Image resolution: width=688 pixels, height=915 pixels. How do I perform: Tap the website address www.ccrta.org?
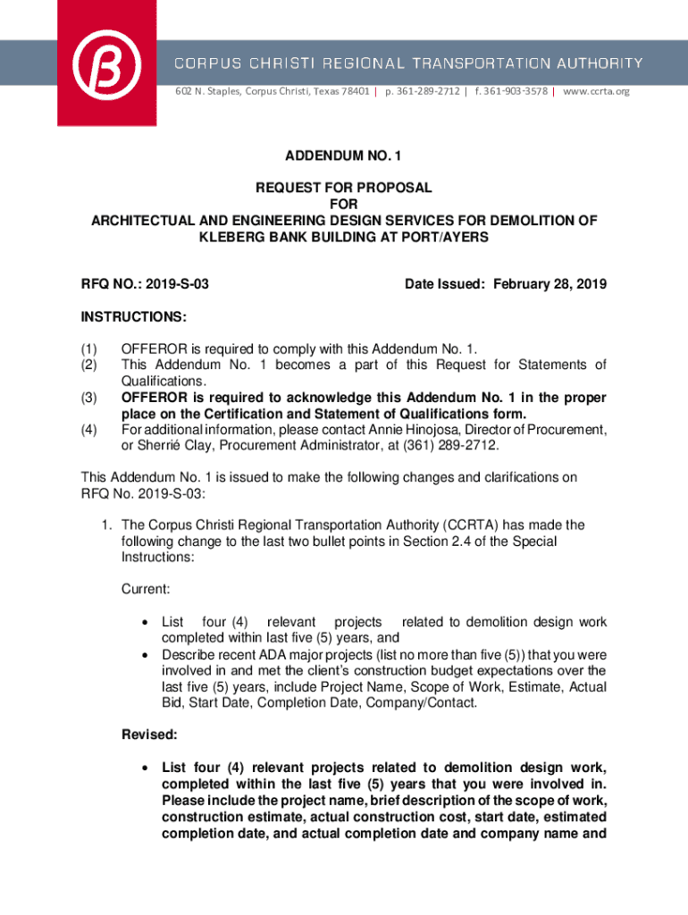596,91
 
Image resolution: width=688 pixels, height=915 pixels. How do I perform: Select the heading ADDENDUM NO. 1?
344,156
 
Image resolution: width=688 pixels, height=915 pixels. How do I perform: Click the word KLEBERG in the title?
235,237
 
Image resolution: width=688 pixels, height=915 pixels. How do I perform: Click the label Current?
146,589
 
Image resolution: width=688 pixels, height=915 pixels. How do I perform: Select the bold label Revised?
148,735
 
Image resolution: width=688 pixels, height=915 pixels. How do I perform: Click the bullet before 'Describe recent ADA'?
144,655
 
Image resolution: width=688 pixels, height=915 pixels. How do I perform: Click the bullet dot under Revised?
144,768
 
